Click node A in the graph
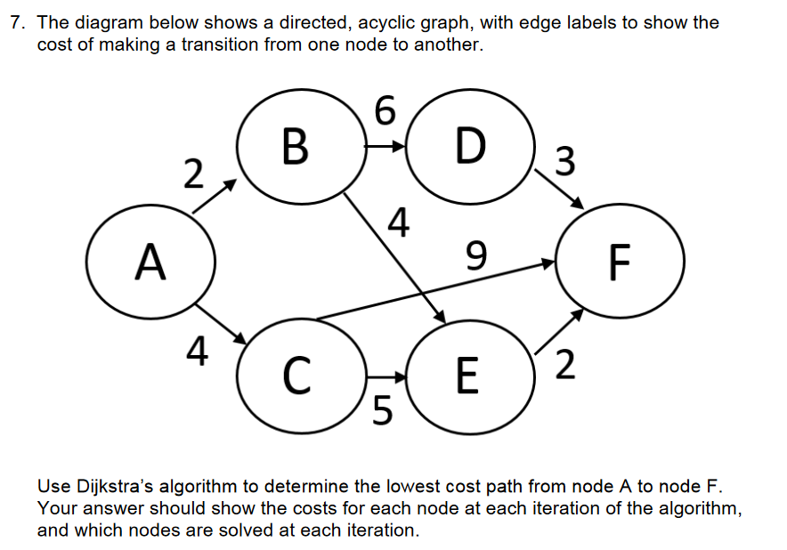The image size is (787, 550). coord(150,263)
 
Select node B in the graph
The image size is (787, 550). coord(296,148)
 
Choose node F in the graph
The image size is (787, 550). coord(620,263)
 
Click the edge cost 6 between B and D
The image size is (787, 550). coord(383,111)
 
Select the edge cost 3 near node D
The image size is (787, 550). coord(563,162)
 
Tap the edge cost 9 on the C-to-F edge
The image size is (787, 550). coord(477,258)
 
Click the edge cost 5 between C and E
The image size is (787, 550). coord(381,410)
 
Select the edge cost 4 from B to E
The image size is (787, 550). coord(401,222)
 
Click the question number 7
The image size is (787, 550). coord(15,23)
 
